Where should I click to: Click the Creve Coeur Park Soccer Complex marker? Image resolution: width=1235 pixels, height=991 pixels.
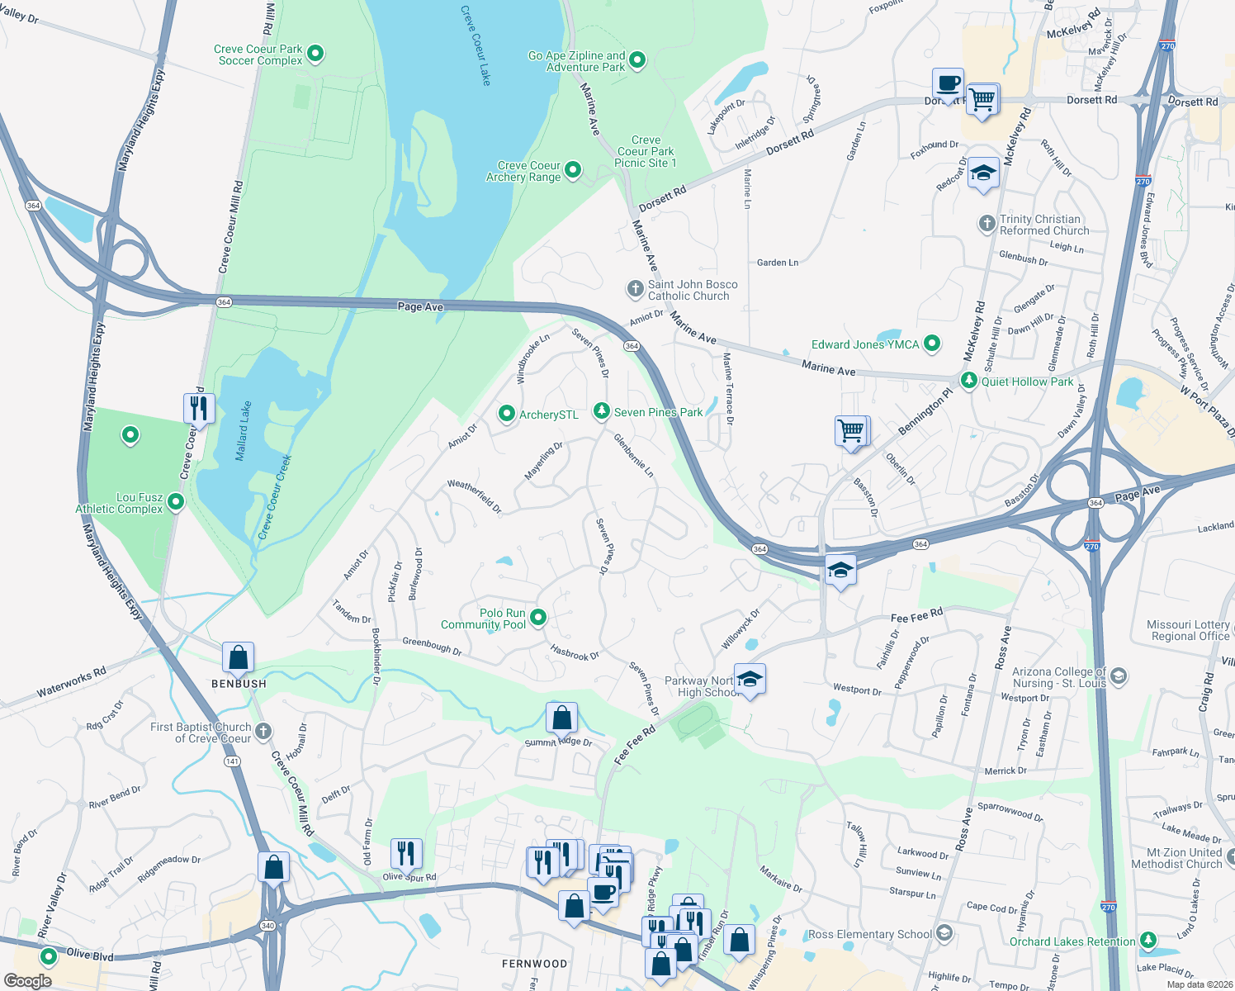coord(315,55)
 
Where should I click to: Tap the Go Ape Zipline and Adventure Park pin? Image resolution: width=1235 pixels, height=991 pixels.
coord(636,60)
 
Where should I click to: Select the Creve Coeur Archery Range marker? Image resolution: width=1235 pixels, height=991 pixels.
coord(572,170)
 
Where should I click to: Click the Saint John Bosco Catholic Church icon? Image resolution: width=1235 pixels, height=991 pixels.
coord(635,289)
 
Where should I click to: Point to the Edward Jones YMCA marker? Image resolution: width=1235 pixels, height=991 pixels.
coord(931,344)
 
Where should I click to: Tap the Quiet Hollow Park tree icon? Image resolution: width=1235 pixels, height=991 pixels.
coord(968,381)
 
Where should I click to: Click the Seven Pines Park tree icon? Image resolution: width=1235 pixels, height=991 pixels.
coord(602,411)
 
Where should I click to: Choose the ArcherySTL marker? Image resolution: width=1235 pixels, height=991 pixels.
coord(507,414)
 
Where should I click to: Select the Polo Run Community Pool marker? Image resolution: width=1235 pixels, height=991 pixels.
coord(538,618)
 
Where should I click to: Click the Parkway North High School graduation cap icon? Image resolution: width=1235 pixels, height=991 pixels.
coord(749,680)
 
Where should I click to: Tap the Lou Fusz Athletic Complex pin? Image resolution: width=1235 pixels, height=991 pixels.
coord(175,502)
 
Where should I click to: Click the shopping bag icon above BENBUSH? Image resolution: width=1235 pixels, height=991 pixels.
coord(238,657)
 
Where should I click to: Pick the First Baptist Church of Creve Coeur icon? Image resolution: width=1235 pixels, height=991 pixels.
coord(263,731)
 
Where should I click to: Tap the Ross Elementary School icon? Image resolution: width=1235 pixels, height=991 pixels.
coord(944,933)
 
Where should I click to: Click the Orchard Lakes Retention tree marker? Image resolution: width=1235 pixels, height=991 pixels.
coord(1147,941)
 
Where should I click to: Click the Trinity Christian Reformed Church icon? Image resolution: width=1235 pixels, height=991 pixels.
coord(987,224)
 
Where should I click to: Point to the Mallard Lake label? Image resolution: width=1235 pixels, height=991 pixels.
coord(244,430)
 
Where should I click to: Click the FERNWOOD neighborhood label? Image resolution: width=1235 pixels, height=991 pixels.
coord(534,964)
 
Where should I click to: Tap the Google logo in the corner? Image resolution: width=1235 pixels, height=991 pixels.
coord(27,980)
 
